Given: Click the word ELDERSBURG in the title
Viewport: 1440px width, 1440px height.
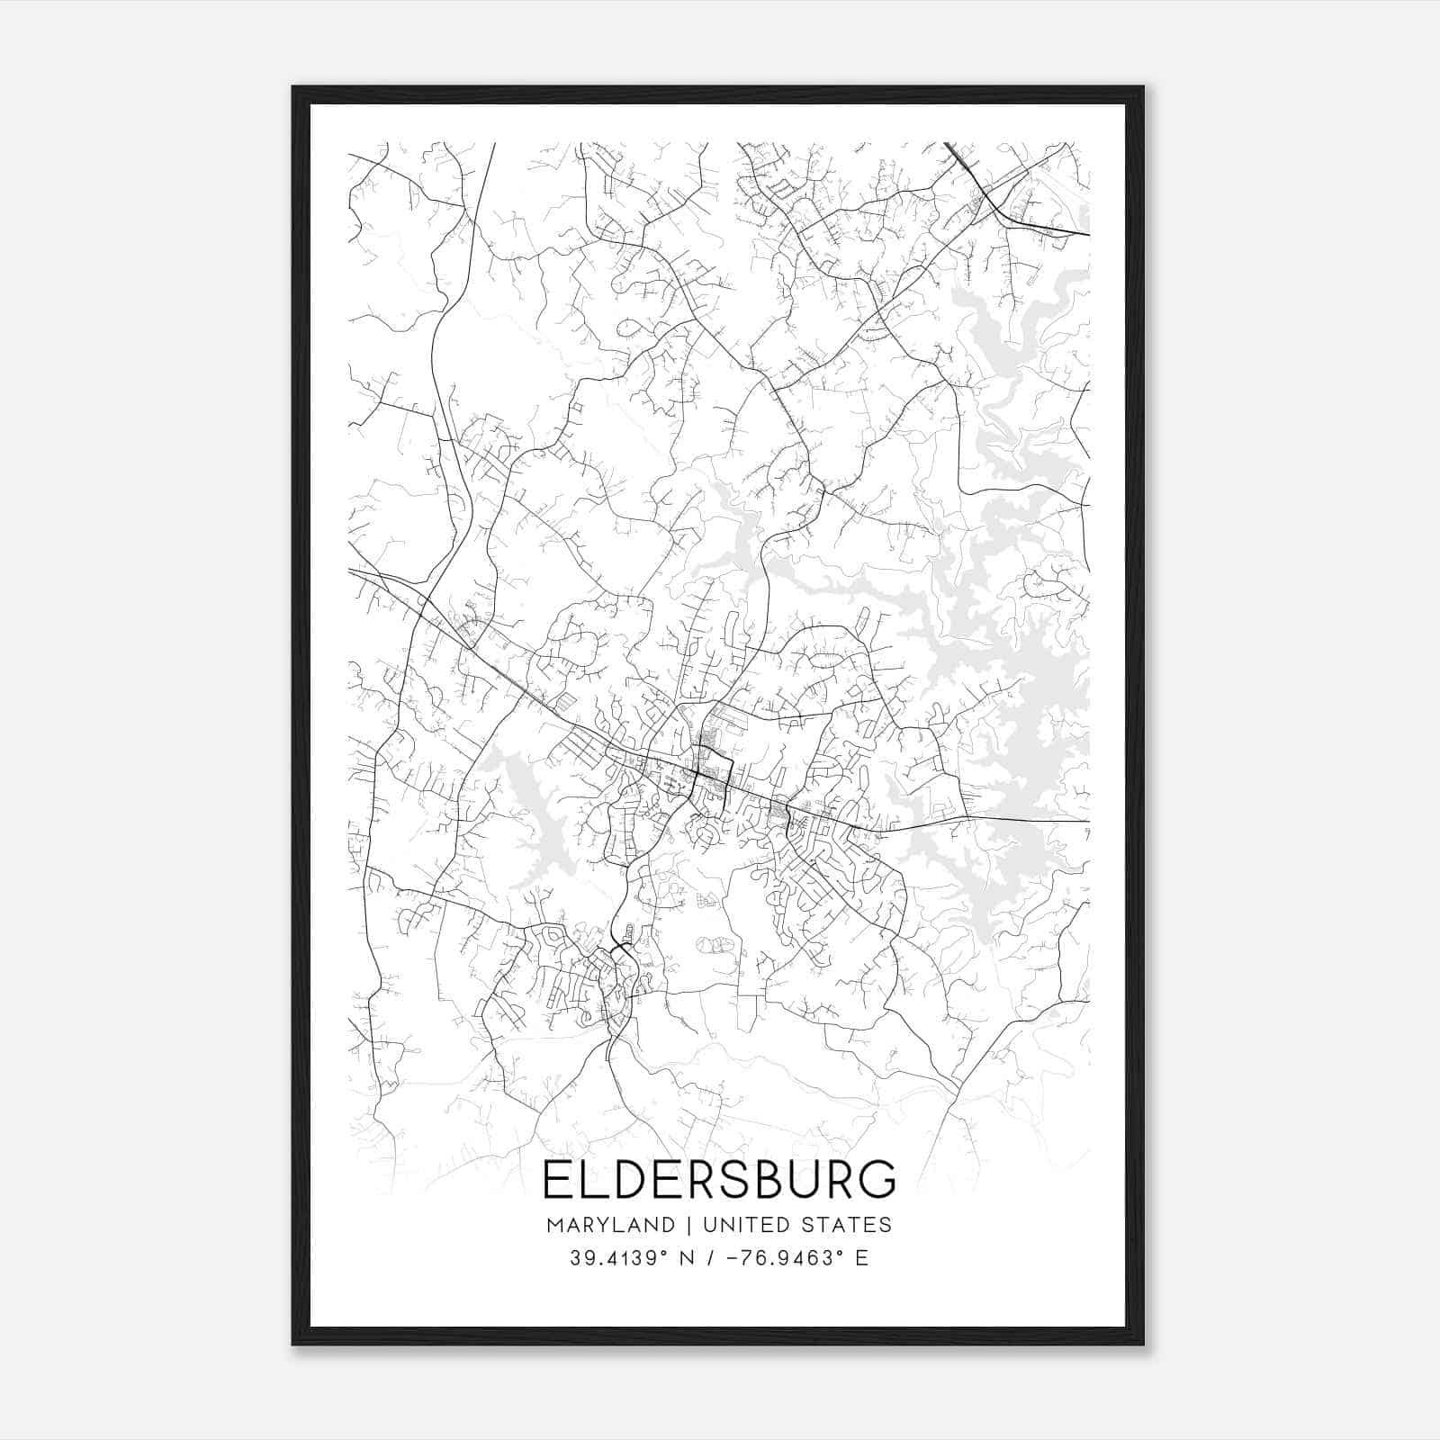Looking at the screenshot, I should pyautogui.click(x=719, y=1180).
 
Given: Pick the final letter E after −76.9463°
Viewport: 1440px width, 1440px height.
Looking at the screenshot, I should pyautogui.click(x=862, y=1258).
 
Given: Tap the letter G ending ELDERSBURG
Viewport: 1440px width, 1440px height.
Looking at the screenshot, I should pyautogui.click(x=877, y=1180).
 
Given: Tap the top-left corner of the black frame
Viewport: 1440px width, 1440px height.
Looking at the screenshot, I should pyautogui.click(x=294, y=88).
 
